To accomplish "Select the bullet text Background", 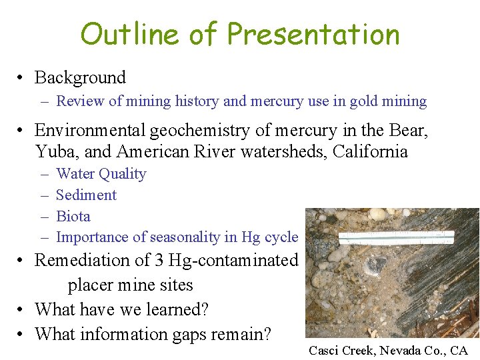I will [80, 77].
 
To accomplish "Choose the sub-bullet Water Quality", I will [101, 174].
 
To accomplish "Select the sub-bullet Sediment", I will [86, 195].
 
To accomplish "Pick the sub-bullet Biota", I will [73, 216].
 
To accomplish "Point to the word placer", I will [92, 285].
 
